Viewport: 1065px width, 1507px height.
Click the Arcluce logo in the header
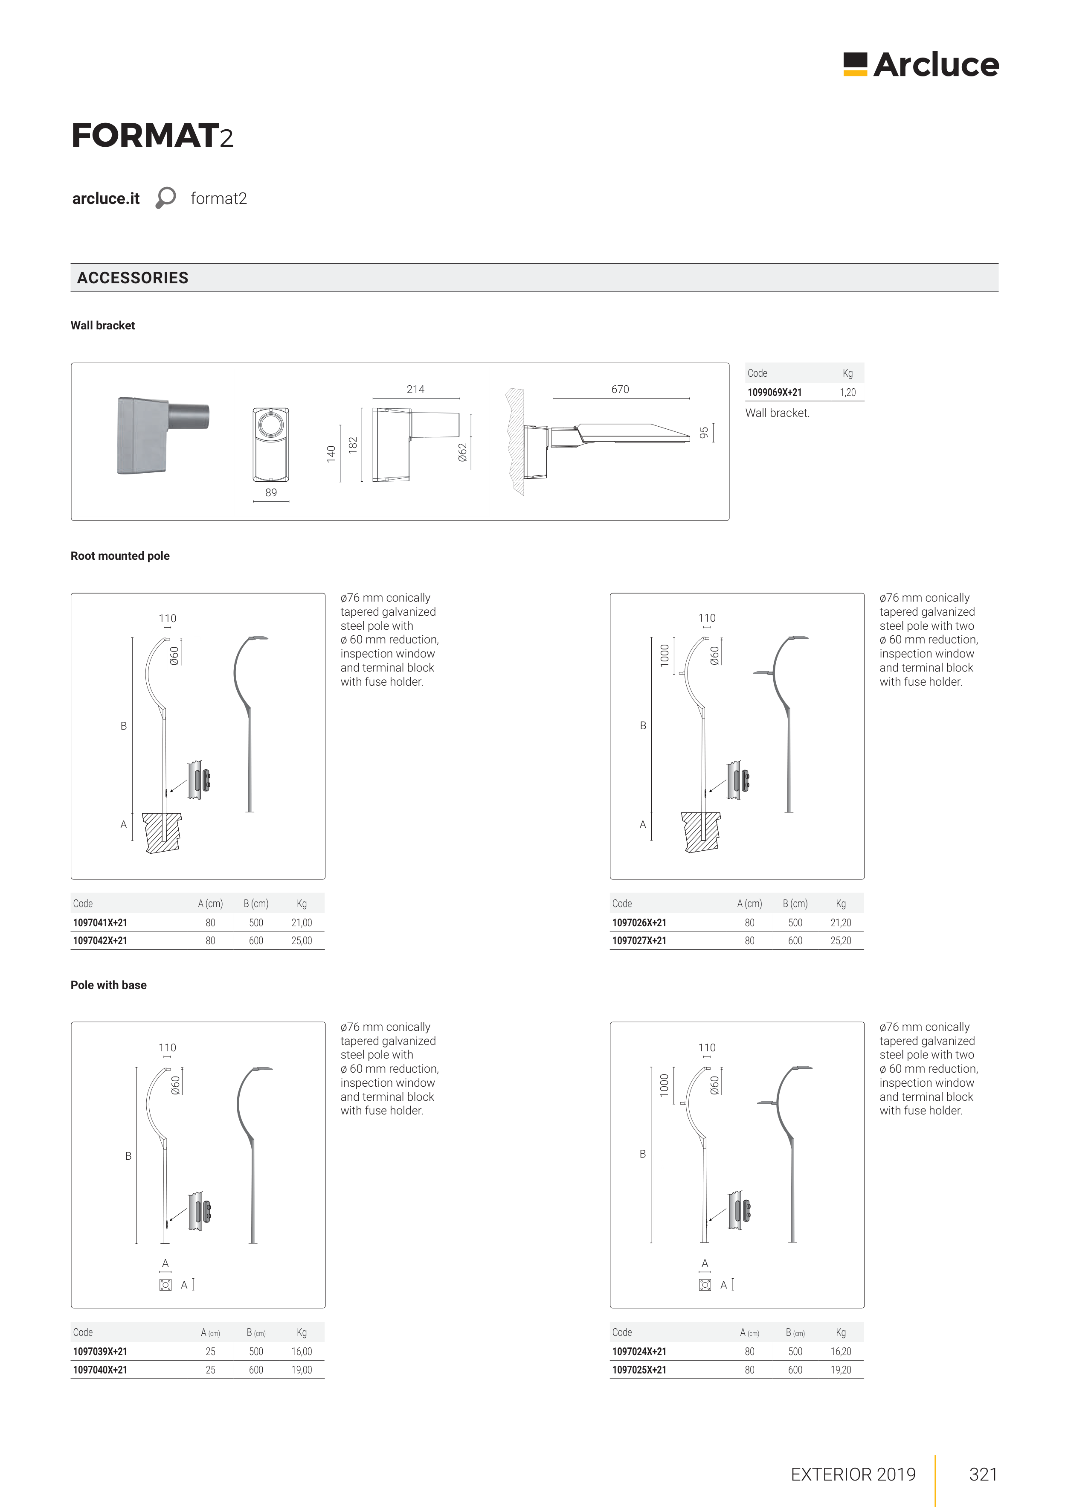click(921, 64)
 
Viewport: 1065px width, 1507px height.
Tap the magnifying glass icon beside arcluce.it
click(165, 198)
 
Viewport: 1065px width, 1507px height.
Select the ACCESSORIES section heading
click(133, 278)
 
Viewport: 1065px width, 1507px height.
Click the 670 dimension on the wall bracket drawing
click(619, 389)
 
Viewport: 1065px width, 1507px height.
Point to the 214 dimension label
click(415, 389)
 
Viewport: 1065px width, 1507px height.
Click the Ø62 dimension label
click(463, 452)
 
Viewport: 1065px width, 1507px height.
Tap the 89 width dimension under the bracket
click(271, 492)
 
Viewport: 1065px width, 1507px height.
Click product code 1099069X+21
click(774, 393)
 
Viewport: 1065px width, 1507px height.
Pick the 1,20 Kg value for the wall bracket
click(847, 393)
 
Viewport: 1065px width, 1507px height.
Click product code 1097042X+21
click(100, 940)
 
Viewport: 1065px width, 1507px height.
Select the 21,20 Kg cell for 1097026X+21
click(841, 922)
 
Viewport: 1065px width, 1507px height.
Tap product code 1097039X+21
click(100, 1351)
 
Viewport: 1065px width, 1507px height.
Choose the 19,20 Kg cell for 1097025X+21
click(841, 1370)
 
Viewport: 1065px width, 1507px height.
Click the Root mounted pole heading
click(120, 556)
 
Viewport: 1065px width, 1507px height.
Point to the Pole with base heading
click(108, 985)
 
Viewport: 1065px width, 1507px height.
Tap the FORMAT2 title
click(152, 136)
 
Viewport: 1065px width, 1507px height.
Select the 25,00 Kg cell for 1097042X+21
click(301, 940)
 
